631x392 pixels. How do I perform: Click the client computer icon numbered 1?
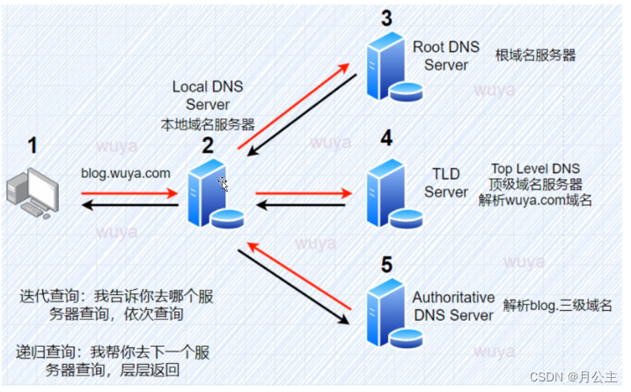(x=32, y=196)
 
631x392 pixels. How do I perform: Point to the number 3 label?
(x=385, y=17)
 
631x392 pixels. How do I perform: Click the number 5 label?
(x=385, y=262)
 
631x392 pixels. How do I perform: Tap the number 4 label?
(x=385, y=137)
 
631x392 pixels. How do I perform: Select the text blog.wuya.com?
(x=125, y=174)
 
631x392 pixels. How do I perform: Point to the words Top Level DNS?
(x=535, y=168)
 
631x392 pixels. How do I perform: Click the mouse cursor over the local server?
(x=224, y=182)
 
